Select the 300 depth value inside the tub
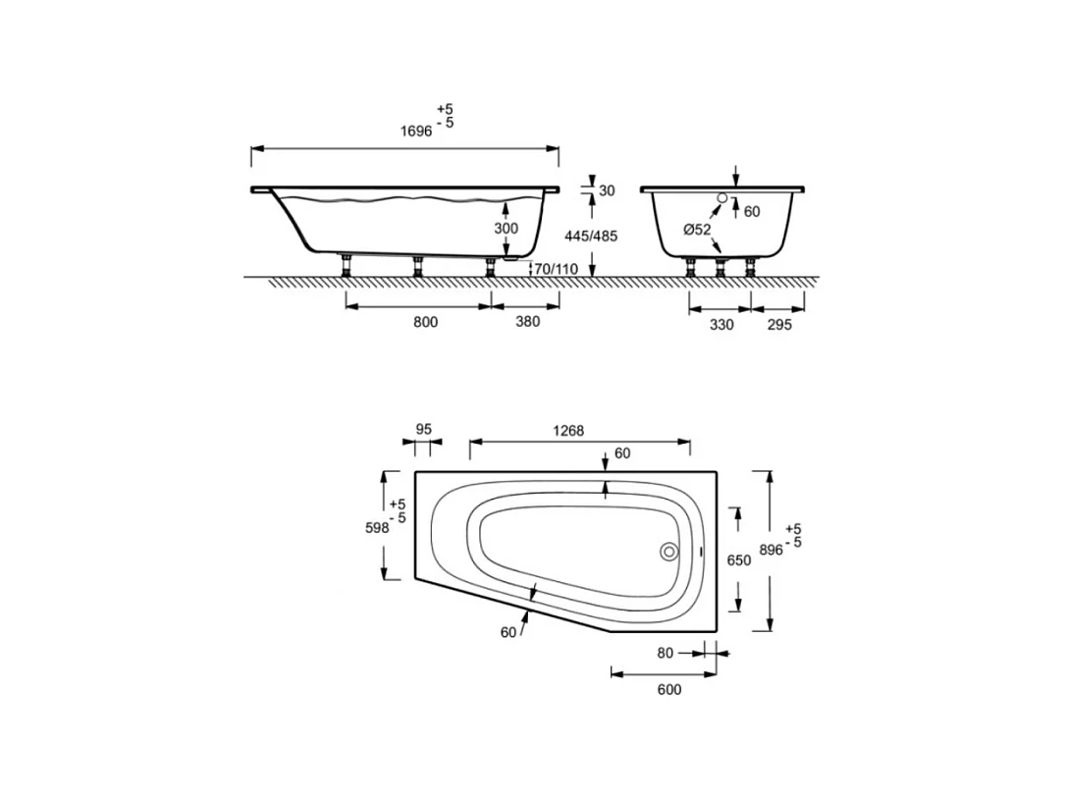tap(506, 228)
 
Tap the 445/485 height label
tap(593, 237)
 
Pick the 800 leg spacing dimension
tap(425, 322)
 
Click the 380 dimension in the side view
tap(527, 322)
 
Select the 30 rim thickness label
tap(607, 190)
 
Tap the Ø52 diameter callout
tap(697, 230)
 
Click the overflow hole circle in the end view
tap(722, 199)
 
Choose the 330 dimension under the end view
tap(721, 325)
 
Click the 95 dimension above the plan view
tap(424, 429)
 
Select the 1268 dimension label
tap(568, 430)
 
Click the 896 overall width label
tap(771, 550)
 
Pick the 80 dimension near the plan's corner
tap(666, 652)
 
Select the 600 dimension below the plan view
tap(667, 689)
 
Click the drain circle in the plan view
tap(669, 552)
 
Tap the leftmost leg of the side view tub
tap(346, 265)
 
